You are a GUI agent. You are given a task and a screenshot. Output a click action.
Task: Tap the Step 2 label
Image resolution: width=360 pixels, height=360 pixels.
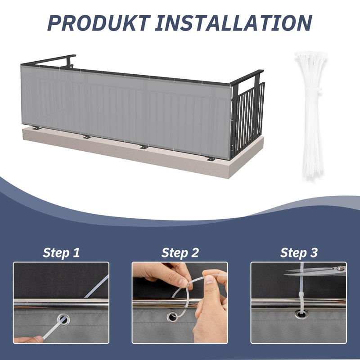[180, 252]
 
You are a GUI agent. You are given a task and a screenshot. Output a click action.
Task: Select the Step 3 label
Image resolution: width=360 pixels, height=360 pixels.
[299, 252]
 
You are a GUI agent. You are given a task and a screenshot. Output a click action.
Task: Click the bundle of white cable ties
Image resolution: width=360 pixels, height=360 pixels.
[310, 112]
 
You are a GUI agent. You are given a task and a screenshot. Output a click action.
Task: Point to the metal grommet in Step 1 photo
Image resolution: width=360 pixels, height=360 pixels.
[63, 320]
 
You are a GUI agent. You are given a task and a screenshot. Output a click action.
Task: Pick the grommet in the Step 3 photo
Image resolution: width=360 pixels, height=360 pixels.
[299, 313]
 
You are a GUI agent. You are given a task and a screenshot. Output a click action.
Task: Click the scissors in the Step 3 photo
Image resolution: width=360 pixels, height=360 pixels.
[315, 270]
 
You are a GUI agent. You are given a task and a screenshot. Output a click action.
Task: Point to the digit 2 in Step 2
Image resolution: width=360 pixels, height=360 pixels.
[194, 252]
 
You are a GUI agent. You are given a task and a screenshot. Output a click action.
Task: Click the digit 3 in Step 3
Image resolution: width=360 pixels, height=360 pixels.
[313, 252]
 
